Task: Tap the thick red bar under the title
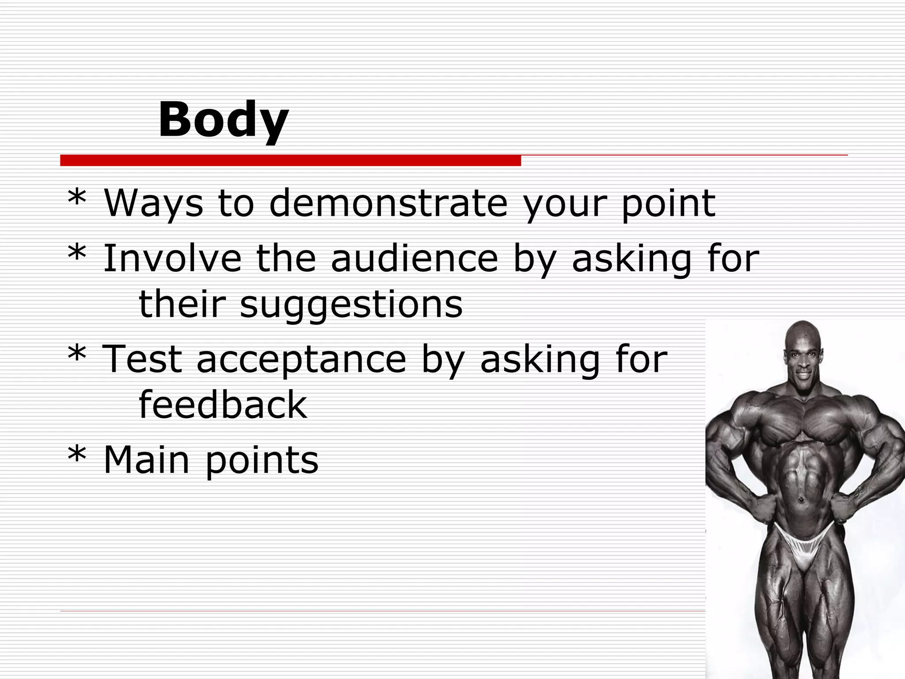290,160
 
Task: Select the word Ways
153,204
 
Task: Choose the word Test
141,359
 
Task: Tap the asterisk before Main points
77,455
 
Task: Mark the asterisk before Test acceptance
77,354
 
